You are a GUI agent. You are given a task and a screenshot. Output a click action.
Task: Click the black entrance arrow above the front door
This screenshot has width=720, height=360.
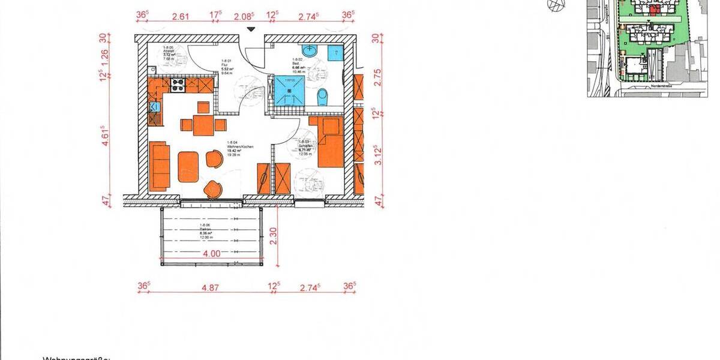pyautogui.click(x=251, y=29)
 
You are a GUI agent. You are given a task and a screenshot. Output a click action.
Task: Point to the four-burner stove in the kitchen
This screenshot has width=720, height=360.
pyautogui.click(x=178, y=85)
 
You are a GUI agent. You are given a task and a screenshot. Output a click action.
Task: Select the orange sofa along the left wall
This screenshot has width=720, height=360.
pyautogui.click(x=159, y=166)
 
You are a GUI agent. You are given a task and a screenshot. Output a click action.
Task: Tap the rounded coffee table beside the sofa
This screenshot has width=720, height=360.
pyautogui.click(x=188, y=167)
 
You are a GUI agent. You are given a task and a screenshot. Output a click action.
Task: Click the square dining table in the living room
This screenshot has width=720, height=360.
pyautogui.click(x=203, y=125)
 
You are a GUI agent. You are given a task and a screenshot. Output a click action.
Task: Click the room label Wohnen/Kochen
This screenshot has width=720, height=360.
pyautogui.click(x=236, y=147)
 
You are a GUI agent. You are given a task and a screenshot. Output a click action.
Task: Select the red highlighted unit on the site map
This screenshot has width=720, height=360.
pyautogui.click(x=655, y=9)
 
